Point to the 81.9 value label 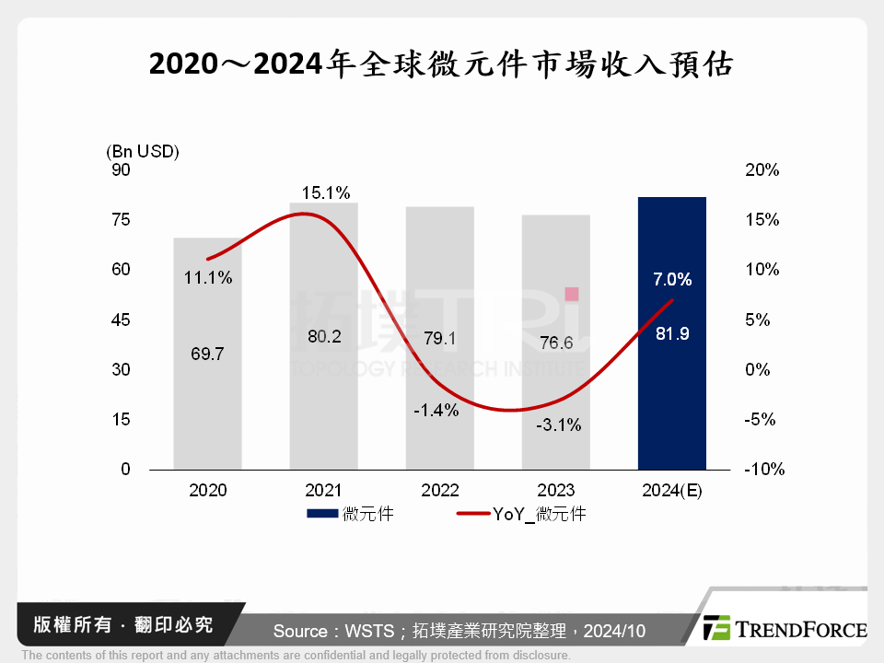(672, 334)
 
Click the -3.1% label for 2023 (558, 425)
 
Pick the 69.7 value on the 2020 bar (208, 354)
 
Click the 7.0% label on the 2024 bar (672, 279)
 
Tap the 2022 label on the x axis (440, 491)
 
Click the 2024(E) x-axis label (672, 491)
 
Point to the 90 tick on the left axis (122, 170)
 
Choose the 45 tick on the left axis (122, 320)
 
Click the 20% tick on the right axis (763, 170)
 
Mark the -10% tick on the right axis (763, 470)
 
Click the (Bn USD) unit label (143, 151)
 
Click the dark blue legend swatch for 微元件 (323, 514)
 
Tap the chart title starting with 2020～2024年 (441, 64)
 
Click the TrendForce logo (785, 629)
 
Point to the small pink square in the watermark (571, 294)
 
